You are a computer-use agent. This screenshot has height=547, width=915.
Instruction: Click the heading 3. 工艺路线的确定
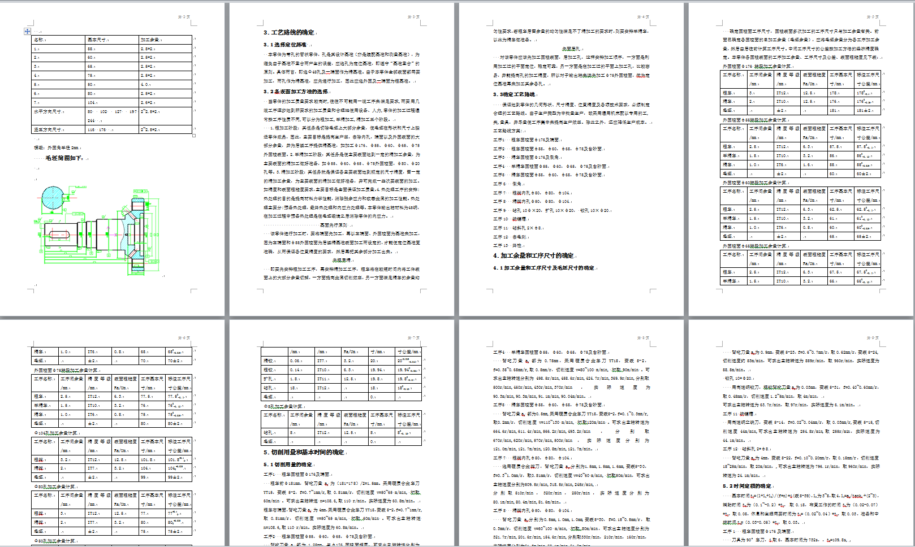click(x=289, y=32)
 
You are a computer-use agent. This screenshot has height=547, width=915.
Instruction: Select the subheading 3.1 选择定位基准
click(x=285, y=45)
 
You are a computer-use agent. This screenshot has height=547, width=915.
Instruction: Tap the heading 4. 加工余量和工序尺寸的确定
click(x=533, y=255)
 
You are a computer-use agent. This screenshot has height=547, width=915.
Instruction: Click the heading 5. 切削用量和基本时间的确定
click(x=304, y=452)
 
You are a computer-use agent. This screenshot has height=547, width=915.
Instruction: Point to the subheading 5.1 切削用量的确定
click(x=288, y=464)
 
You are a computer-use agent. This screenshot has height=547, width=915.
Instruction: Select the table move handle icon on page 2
click(x=27, y=31)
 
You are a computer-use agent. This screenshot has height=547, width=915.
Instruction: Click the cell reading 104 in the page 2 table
click(x=92, y=102)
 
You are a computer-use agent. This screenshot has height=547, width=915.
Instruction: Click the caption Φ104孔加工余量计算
click(x=56, y=433)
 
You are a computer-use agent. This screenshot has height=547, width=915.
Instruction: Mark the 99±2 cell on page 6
click(x=175, y=477)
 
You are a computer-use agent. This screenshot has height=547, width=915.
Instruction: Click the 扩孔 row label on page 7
click(x=268, y=379)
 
